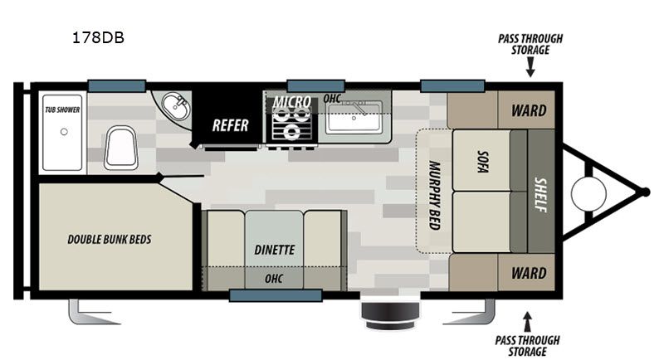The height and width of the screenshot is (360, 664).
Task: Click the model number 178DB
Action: point(98,37)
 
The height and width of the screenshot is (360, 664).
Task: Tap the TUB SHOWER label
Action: point(62,109)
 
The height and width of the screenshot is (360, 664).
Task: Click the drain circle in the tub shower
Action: point(64,132)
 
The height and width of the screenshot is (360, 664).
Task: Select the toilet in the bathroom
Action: point(121,148)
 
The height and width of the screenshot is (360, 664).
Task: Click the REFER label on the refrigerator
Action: point(230,125)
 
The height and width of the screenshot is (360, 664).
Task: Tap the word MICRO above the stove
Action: point(292,102)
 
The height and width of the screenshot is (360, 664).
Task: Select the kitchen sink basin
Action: point(354,117)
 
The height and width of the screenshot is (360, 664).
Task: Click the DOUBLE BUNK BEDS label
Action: point(110,240)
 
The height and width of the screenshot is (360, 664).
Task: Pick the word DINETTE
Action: point(274,250)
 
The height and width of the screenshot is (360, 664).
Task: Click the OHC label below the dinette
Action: point(274,279)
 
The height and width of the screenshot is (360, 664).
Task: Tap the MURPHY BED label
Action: point(434,195)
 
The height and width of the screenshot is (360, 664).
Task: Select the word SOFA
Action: point(482,161)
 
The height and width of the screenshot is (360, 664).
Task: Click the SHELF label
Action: point(541,195)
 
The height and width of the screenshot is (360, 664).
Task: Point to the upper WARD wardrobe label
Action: point(529,111)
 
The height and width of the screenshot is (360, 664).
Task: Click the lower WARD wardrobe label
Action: point(529,273)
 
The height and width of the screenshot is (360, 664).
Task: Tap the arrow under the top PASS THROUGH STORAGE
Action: point(530,67)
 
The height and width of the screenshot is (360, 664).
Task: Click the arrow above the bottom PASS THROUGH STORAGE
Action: point(527,322)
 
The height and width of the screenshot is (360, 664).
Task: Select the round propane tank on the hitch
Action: point(588,193)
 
